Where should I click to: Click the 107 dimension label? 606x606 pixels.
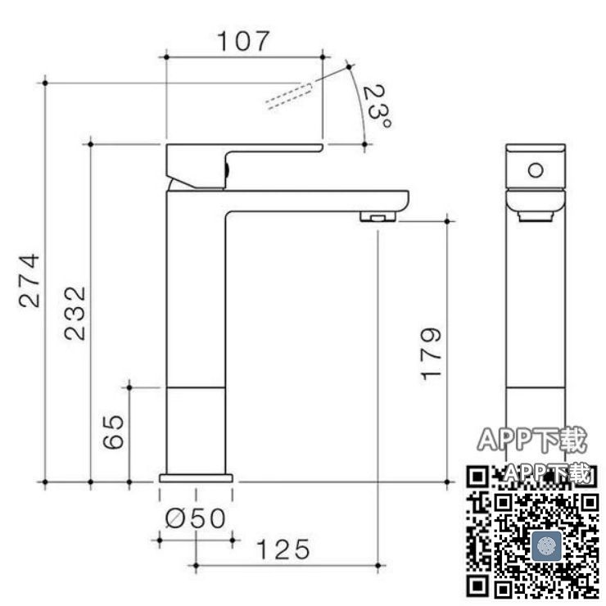(x=242, y=41)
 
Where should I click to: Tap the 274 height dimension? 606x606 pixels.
(x=29, y=280)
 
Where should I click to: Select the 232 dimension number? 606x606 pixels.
(x=75, y=313)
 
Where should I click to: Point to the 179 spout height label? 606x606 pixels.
(x=431, y=354)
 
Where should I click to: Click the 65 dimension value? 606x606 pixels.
(x=114, y=432)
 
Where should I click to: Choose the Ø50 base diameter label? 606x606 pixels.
(x=195, y=518)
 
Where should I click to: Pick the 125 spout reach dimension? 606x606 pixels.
(x=283, y=549)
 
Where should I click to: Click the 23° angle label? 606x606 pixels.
(x=377, y=106)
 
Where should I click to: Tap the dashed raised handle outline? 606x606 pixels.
(x=289, y=96)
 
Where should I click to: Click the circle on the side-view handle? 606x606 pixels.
(x=536, y=170)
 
